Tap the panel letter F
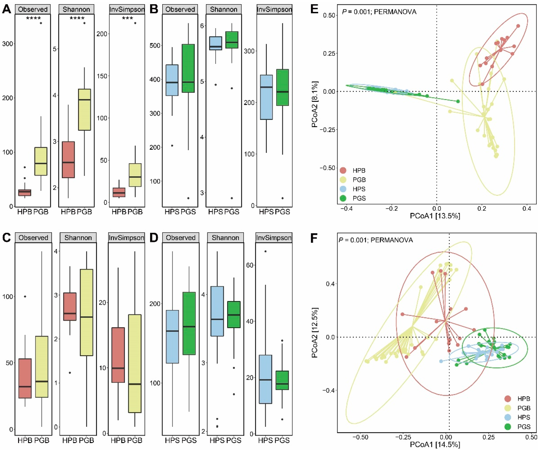pyautogui.click(x=314, y=238)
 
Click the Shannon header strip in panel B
pyautogui.click(x=224, y=10)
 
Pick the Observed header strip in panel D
pyautogui.click(x=181, y=238)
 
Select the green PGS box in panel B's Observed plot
pyautogui.click(x=188, y=68)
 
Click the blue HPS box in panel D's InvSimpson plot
pyautogui.click(x=265, y=379)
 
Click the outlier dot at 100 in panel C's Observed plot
pyautogui.click(x=25, y=297)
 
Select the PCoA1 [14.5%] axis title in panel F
pyautogui.click(x=435, y=445)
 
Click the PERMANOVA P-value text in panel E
pyautogui.click(x=379, y=12)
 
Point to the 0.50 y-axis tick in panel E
pyautogui.click(x=329, y=15)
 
